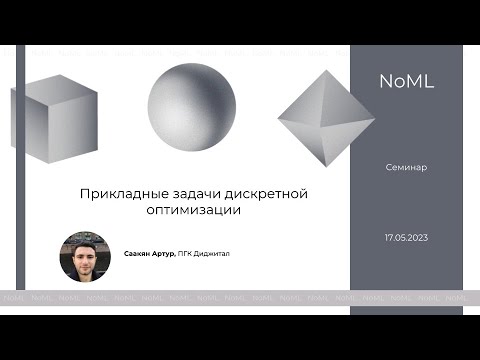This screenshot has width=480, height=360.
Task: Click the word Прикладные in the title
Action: [115, 193]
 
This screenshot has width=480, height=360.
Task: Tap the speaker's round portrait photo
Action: [84, 256]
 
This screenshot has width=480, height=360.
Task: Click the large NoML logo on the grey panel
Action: [406, 83]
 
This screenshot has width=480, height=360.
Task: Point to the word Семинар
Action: [406, 167]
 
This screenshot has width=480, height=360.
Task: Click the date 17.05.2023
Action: [406, 238]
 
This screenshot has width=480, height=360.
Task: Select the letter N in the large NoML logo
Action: [386, 83]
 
